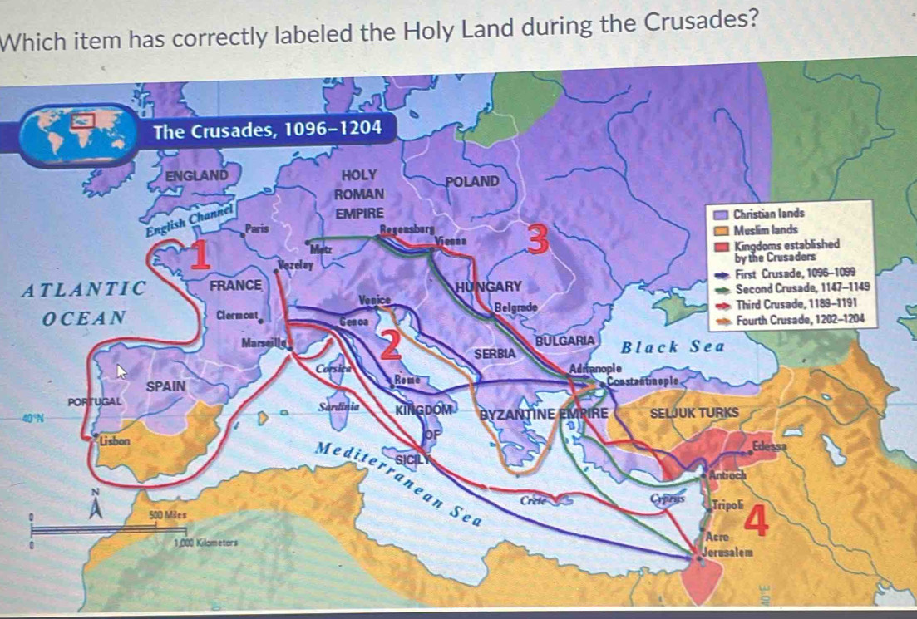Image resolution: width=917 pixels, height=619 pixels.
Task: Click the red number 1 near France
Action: pos(198,253)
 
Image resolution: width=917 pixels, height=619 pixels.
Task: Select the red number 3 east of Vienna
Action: pos(539,239)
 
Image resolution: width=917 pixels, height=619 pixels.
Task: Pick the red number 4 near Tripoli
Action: pos(755,521)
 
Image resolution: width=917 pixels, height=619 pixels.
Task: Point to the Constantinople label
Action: pos(644,381)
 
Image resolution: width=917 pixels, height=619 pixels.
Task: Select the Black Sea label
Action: pos(673,346)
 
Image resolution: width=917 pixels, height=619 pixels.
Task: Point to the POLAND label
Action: pos(472,181)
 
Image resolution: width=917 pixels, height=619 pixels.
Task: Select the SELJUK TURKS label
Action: pos(694,413)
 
